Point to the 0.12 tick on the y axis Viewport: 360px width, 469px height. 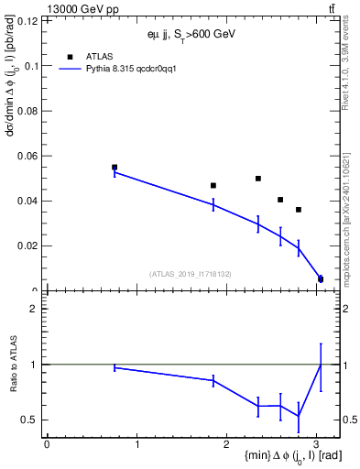28,20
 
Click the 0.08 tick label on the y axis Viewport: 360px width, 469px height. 28,111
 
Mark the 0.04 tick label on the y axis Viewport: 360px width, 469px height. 28,201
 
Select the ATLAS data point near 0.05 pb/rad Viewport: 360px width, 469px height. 258,179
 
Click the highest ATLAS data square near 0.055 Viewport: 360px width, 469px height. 115,168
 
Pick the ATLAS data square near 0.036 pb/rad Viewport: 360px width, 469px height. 299,210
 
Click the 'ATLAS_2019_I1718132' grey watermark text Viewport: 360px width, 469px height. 191,273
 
